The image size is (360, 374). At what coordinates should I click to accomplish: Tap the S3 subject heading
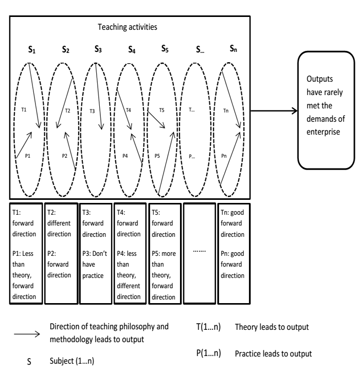(99, 51)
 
